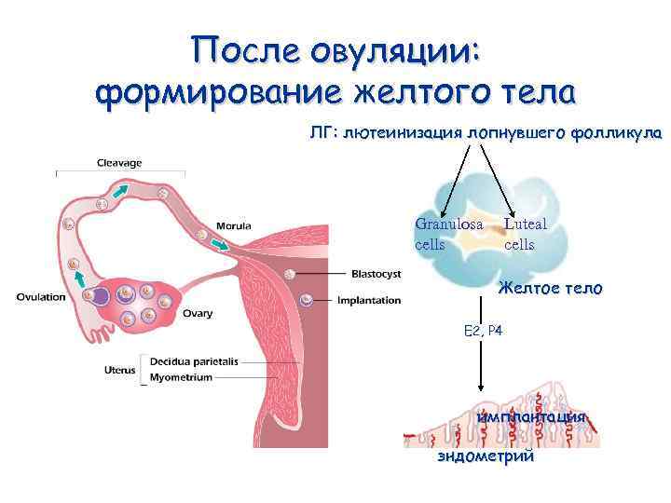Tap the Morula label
[233, 225]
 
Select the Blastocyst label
[376, 274]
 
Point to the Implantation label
[369, 301]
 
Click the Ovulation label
[41, 297]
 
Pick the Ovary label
[198, 314]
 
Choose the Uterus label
[120, 371]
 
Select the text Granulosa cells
[447, 234]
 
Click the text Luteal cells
[525, 234]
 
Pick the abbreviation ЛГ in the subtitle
[322, 132]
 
